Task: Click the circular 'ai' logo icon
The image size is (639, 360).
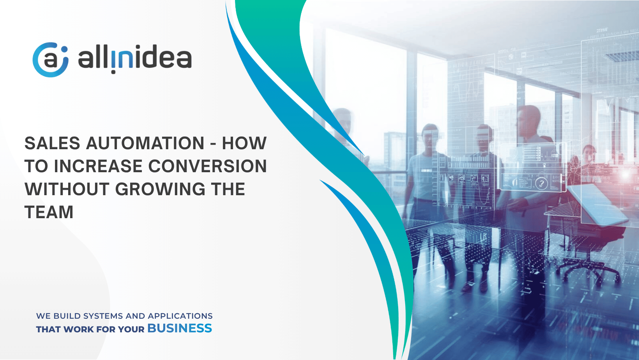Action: click(51, 60)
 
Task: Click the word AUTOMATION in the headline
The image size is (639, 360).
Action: click(145, 143)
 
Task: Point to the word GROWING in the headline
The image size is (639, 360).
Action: click(160, 189)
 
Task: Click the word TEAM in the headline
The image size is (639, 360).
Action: click(49, 212)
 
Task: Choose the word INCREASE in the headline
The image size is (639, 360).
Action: click(98, 166)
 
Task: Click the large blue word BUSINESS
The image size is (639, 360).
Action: click(180, 328)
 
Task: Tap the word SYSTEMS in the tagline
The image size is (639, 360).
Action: click(103, 316)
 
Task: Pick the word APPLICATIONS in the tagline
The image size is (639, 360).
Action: click(180, 316)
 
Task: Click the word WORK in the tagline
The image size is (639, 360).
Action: click(78, 330)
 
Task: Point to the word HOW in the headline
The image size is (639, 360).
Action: click(244, 143)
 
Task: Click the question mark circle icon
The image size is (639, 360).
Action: click(541, 183)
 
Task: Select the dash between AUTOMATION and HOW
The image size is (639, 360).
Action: click(213, 143)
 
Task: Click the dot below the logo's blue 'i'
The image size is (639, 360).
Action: click(113, 72)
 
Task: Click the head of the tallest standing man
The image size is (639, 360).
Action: click(529, 120)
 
